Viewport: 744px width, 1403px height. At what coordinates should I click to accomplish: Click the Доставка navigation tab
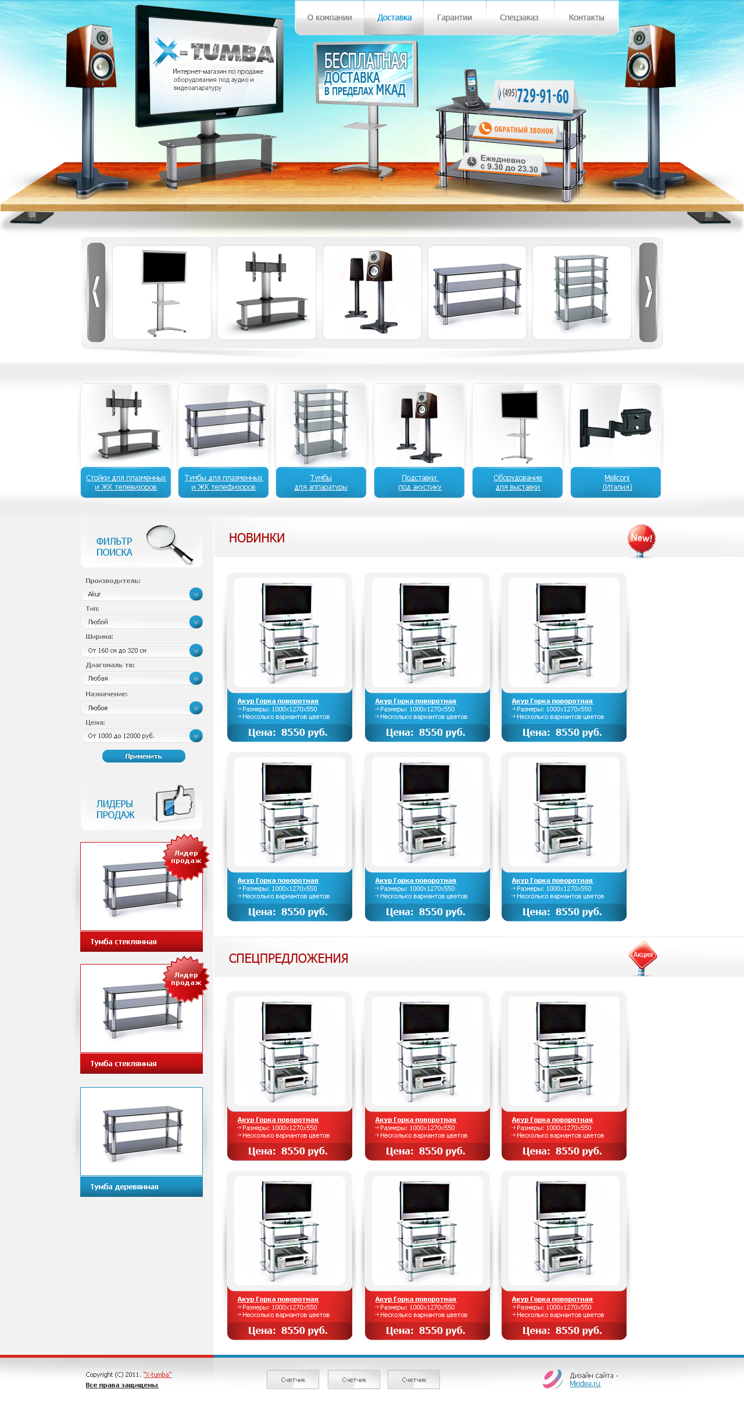(394, 17)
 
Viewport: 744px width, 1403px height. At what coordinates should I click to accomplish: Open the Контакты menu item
(586, 17)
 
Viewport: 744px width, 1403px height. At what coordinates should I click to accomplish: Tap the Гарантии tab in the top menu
(454, 17)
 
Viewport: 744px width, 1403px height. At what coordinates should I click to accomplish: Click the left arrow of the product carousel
(96, 292)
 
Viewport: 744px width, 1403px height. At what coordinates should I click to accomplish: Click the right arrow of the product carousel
(648, 292)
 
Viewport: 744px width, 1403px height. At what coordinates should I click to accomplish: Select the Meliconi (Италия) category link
(617, 482)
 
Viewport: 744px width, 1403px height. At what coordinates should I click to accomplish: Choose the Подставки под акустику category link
(420, 482)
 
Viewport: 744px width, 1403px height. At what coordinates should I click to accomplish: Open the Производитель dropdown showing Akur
(141, 594)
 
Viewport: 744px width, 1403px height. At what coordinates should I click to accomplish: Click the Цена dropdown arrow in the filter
(196, 736)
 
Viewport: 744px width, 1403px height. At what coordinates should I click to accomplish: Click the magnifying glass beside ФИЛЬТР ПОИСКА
(169, 544)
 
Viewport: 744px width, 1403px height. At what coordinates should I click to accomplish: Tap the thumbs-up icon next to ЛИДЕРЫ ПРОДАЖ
(176, 804)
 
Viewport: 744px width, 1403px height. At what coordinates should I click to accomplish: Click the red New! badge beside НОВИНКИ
(641, 539)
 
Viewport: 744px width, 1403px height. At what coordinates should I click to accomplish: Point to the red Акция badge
(642, 955)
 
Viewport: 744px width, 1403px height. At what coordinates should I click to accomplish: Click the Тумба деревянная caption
(124, 1186)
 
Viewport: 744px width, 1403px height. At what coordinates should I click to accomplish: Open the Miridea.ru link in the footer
(585, 1384)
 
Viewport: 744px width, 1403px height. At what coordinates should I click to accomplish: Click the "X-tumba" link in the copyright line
(158, 1375)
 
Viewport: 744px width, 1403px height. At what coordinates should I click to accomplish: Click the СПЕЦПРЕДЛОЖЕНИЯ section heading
(288, 959)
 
